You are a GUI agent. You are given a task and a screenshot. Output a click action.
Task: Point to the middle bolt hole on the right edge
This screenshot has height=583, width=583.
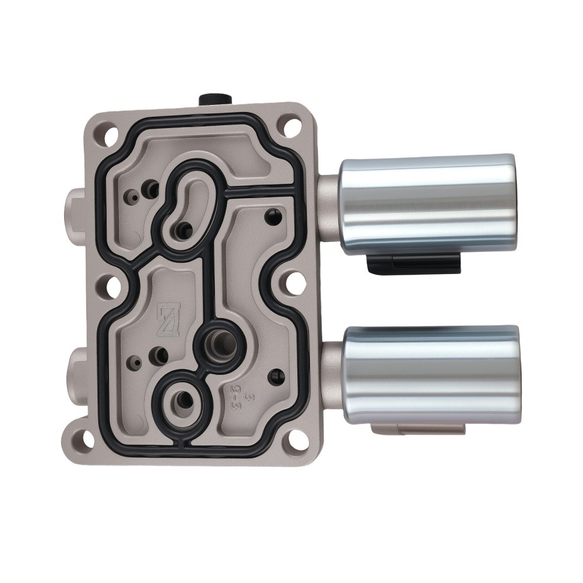coord(290,285)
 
